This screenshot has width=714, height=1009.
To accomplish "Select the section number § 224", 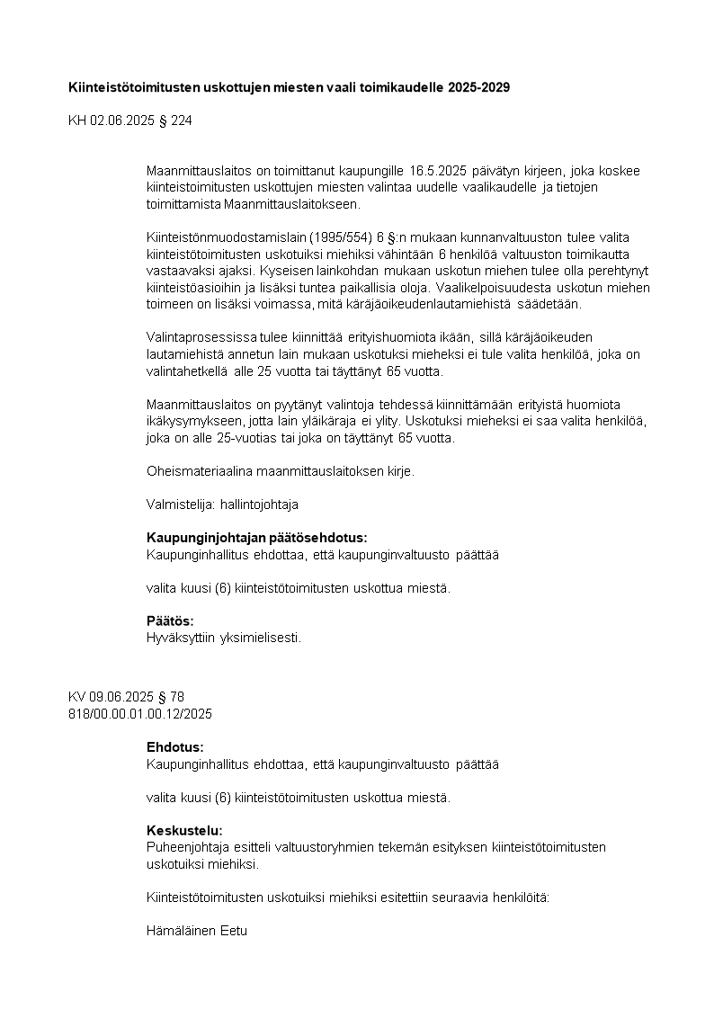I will [175, 120].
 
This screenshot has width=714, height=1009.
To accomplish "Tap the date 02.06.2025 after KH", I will [121, 120].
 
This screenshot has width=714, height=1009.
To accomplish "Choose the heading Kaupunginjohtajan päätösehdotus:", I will [256, 538].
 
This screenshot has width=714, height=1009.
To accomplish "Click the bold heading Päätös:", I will [170, 621].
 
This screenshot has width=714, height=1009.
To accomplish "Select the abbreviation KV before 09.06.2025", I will [77, 697].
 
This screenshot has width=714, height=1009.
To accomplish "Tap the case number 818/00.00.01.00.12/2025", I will [139, 713].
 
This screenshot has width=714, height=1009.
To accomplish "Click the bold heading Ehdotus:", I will [174, 747].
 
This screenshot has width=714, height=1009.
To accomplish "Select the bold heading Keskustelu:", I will [184, 830].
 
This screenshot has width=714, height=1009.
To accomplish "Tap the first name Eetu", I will [236, 931].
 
